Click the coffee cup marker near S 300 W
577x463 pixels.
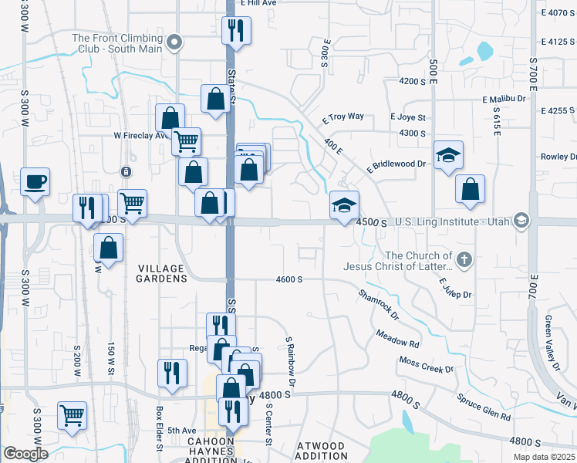[x=35, y=182]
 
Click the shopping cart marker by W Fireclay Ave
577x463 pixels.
[x=186, y=142]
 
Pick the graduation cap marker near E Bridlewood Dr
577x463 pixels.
[x=448, y=155]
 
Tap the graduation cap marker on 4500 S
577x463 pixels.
[x=344, y=205]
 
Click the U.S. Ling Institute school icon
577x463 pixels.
[x=521, y=221]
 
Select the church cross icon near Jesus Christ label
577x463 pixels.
[x=464, y=260]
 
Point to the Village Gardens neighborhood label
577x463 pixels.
[x=161, y=273]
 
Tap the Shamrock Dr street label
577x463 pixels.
[x=378, y=304]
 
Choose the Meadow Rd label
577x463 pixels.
[x=397, y=338]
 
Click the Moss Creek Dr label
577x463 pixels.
[x=426, y=365]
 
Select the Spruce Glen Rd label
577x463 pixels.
[x=484, y=407]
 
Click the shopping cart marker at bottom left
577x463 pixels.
[x=73, y=415]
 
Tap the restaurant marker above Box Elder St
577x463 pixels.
[x=172, y=373]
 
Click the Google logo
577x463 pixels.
[x=25, y=454]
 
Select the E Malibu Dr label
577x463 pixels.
[x=504, y=99]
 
